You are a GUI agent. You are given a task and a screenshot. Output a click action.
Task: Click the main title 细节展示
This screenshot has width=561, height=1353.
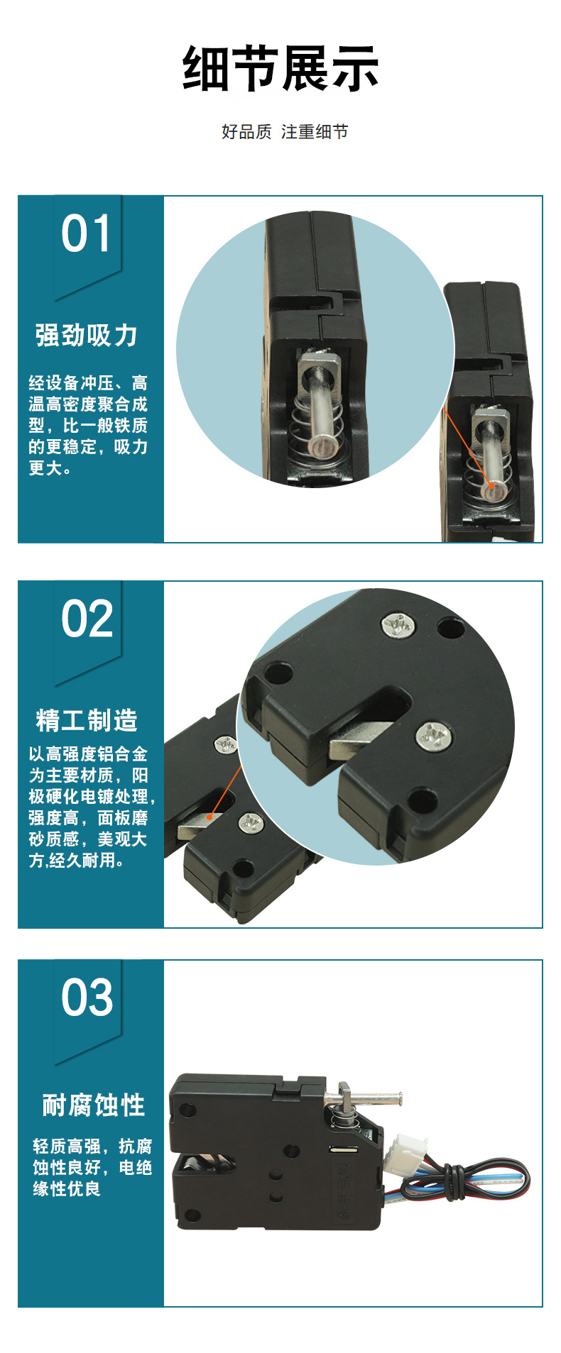point(280,69)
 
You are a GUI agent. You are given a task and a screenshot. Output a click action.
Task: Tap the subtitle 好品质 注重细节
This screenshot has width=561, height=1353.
point(284,132)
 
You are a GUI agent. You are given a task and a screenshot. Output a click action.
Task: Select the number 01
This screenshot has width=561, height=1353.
point(86,234)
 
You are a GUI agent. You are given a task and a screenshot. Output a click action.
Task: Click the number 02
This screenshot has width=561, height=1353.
point(87,619)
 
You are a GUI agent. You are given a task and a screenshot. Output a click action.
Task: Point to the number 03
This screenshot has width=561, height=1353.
point(87,998)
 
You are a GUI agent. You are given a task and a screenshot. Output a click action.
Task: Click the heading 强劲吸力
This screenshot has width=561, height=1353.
point(86,336)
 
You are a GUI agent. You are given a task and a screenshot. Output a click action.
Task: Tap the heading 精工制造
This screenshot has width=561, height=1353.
point(87,720)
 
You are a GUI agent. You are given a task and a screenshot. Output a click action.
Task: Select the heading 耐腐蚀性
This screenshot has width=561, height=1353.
point(93,1105)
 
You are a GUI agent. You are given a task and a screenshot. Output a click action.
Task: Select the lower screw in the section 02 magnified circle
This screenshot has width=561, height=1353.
point(433,736)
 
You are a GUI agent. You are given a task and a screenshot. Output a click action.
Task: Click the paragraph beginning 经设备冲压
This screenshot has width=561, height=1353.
point(88,426)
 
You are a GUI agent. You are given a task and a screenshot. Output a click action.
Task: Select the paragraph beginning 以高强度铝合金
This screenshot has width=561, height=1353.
point(90,807)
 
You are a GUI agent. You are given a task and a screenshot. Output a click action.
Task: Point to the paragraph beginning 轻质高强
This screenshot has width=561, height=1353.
point(92,1167)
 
